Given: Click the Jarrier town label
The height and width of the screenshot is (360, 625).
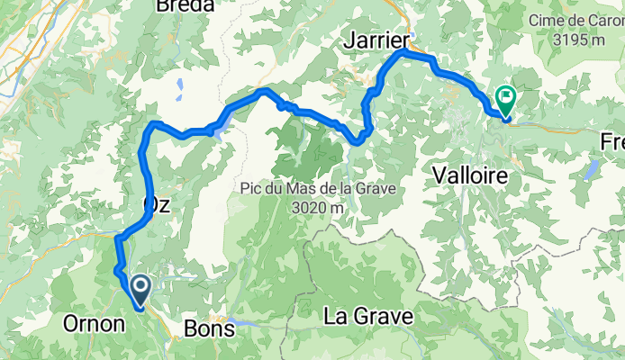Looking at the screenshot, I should click(376, 40).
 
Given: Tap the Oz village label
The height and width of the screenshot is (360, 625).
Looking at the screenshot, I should click(157, 205).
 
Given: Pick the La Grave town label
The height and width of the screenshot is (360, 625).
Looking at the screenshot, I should click(368, 317).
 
